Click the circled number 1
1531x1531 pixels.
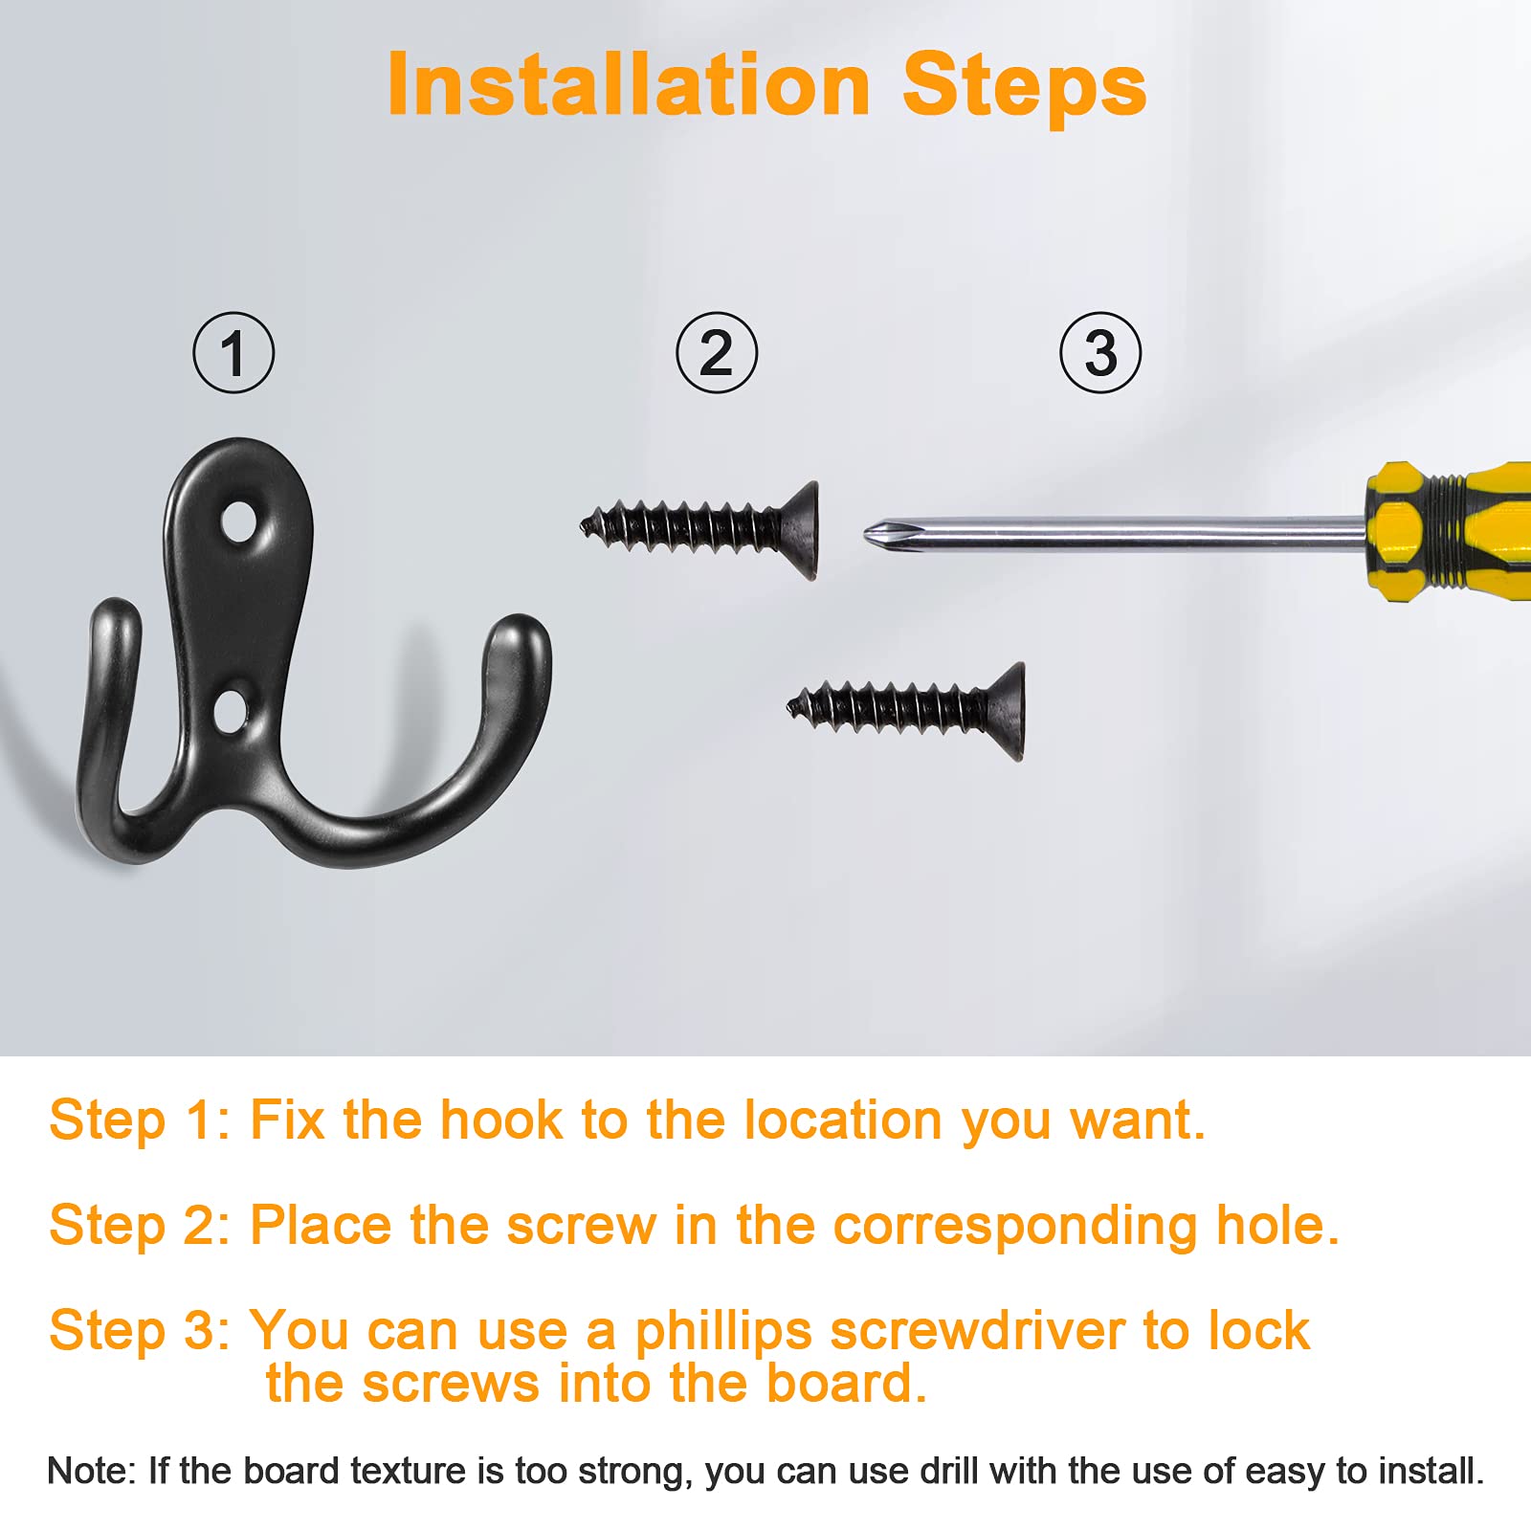(233, 352)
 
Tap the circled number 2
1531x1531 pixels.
(717, 352)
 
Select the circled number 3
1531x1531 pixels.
(1100, 352)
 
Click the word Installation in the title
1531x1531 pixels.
(629, 85)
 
